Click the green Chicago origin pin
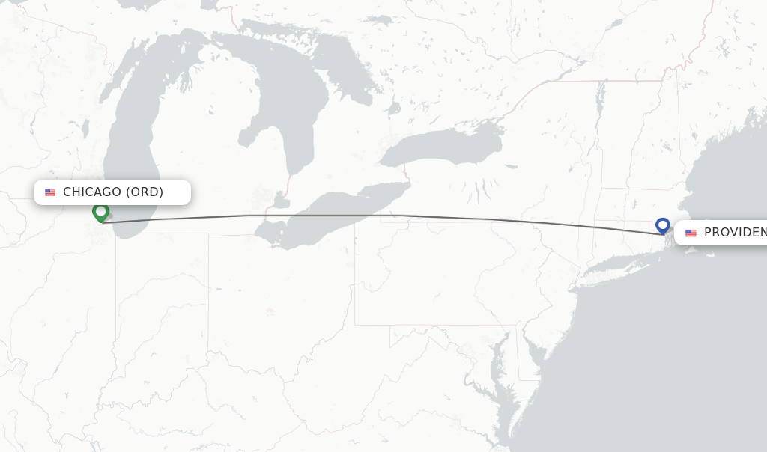(x=100, y=213)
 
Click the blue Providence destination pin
(x=662, y=225)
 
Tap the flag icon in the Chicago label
(x=50, y=192)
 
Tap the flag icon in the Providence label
(x=691, y=233)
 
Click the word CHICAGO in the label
(x=91, y=192)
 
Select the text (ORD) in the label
(x=143, y=192)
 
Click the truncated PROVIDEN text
(x=735, y=233)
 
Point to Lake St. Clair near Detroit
(x=282, y=201)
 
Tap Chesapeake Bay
(x=497, y=374)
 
